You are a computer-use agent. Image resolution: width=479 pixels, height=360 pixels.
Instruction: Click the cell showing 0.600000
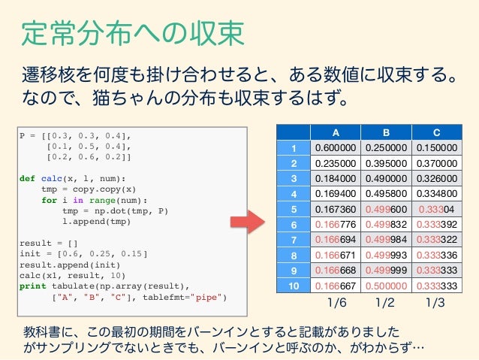(336, 147)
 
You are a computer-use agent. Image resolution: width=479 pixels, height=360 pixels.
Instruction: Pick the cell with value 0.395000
(386, 163)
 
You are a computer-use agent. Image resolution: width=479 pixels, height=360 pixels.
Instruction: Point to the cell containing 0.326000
(435, 179)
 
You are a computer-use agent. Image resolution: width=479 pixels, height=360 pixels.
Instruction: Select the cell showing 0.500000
(386, 286)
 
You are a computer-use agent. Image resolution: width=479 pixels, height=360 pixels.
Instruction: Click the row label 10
(295, 286)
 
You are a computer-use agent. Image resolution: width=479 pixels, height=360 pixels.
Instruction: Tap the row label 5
(295, 209)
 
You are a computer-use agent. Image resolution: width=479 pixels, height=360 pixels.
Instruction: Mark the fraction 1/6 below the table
(336, 304)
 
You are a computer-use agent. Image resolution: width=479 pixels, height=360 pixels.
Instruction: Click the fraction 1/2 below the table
(386, 304)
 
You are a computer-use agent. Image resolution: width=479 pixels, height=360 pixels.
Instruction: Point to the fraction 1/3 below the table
(435, 304)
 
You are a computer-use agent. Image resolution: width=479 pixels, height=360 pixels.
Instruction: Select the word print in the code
(32, 286)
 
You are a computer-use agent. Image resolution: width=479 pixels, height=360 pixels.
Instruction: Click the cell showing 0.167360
(336, 209)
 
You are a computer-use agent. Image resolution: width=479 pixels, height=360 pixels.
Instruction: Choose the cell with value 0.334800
(435, 194)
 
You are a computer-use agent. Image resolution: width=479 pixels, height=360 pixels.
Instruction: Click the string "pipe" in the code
(207, 296)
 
